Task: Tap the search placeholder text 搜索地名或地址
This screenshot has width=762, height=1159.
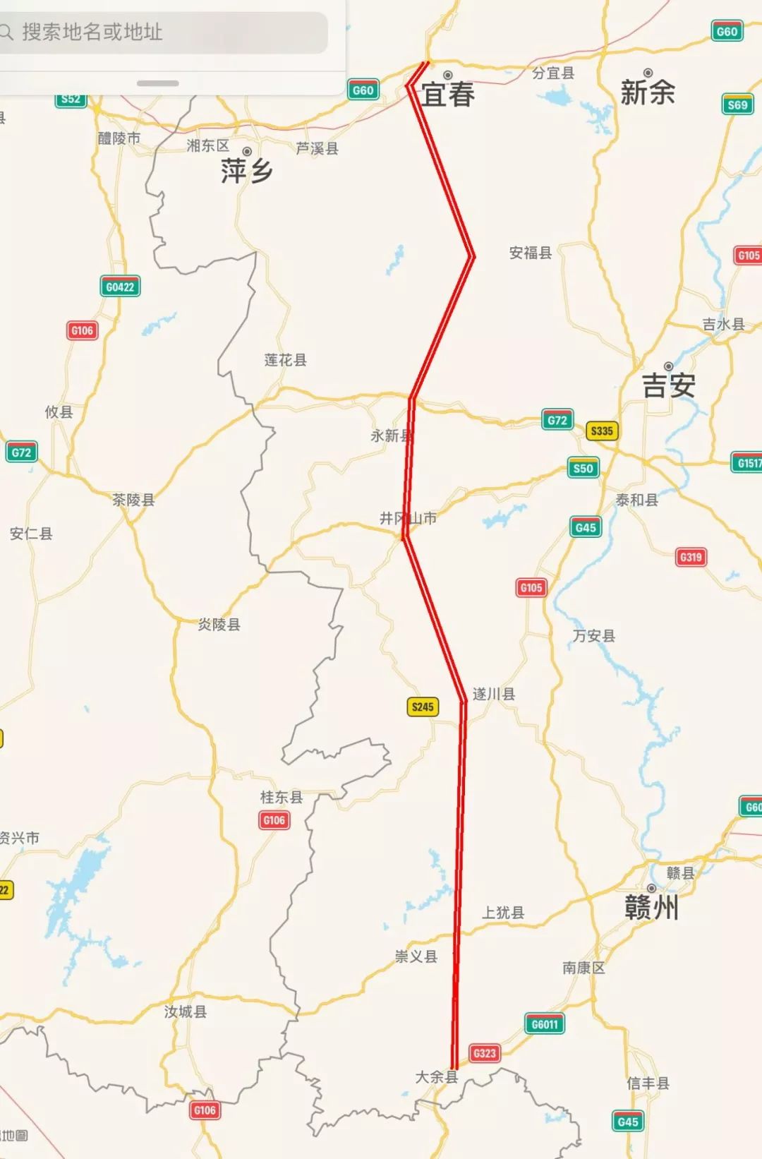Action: [92, 32]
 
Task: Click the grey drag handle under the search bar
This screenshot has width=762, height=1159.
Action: [157, 83]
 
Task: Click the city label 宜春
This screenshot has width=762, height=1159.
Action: [448, 95]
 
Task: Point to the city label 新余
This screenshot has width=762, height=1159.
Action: [648, 92]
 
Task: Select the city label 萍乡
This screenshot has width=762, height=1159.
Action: [246, 171]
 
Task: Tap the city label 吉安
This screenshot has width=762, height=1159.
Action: [668, 385]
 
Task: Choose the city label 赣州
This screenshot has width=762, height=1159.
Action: [651, 908]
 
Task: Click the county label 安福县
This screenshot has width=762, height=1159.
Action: [531, 253]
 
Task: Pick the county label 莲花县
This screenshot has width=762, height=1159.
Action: [286, 360]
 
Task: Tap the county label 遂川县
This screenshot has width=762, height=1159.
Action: [494, 694]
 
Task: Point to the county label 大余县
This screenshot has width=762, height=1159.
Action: [437, 1077]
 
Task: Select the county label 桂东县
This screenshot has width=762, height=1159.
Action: [282, 797]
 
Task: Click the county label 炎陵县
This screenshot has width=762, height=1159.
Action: [219, 624]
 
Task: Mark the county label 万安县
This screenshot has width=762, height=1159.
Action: [594, 635]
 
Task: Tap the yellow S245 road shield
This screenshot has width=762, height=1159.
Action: [423, 707]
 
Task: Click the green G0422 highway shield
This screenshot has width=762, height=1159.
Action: [120, 287]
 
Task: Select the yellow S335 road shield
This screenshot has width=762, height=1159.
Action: [602, 431]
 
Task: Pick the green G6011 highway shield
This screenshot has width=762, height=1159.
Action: [545, 1023]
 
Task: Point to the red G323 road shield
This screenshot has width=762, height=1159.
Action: [485, 1053]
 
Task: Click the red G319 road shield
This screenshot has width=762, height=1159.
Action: [691, 557]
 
